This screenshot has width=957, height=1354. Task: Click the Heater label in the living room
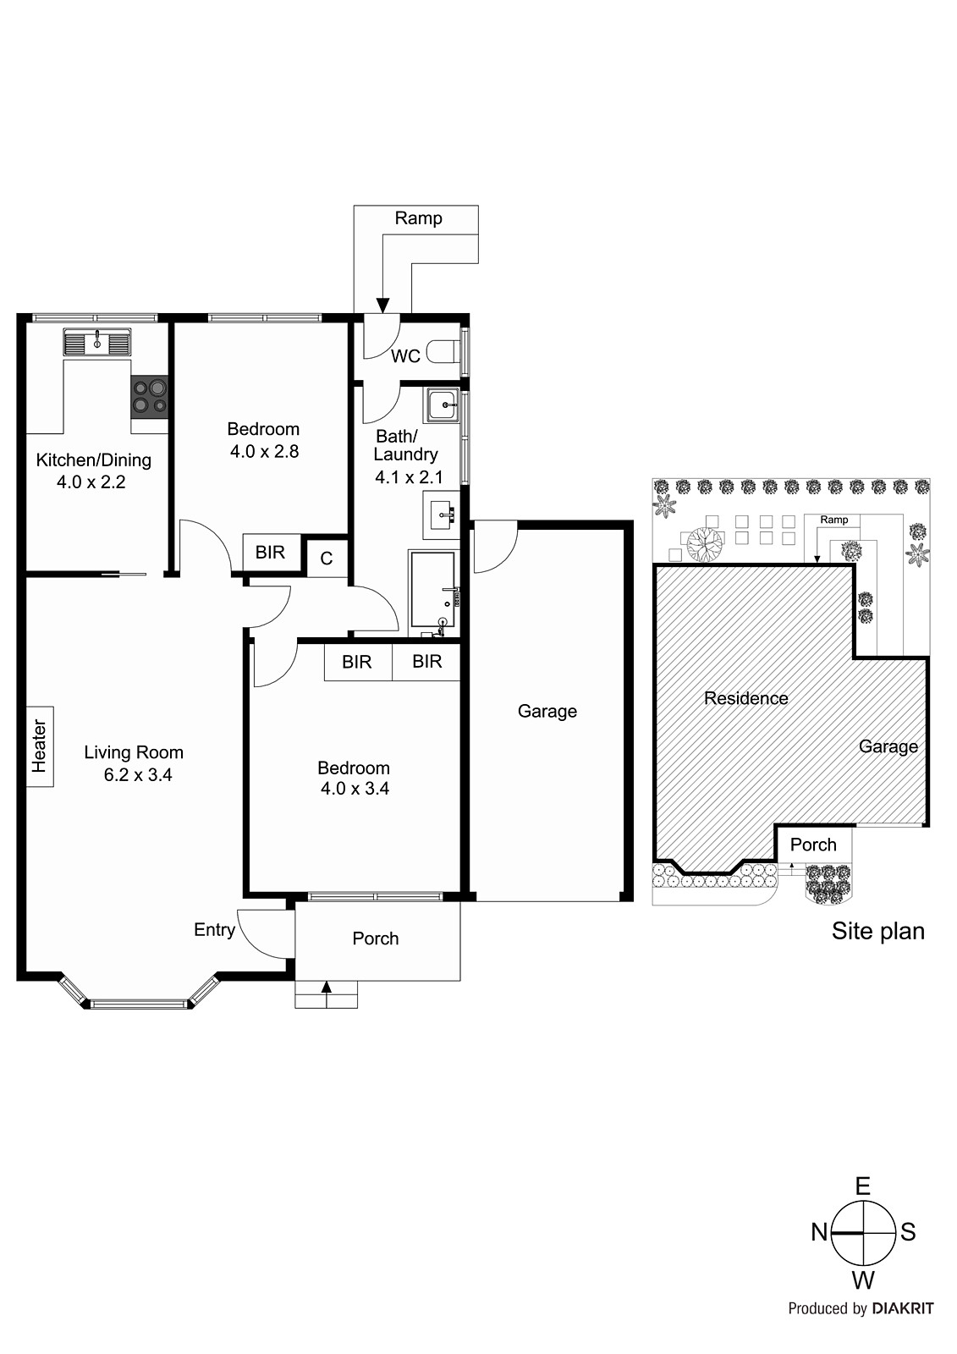39,746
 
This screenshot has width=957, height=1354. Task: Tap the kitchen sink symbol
97,343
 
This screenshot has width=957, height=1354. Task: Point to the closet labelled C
327,559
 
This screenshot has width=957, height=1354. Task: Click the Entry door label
214,930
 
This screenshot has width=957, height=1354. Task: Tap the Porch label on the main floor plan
375,938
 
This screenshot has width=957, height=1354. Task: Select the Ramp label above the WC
418,218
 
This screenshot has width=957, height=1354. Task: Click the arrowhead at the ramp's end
382,305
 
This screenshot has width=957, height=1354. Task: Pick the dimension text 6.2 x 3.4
137,775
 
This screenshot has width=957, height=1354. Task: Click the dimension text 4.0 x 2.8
264,452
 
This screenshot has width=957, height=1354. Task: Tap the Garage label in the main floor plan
547,712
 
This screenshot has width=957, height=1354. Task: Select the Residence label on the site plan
745,699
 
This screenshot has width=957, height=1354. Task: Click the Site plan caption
877,932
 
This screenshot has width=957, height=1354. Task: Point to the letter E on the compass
862,1186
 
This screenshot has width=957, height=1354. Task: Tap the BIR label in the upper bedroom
270,553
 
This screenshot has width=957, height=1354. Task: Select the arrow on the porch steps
327,988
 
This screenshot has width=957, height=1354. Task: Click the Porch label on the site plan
812,845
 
